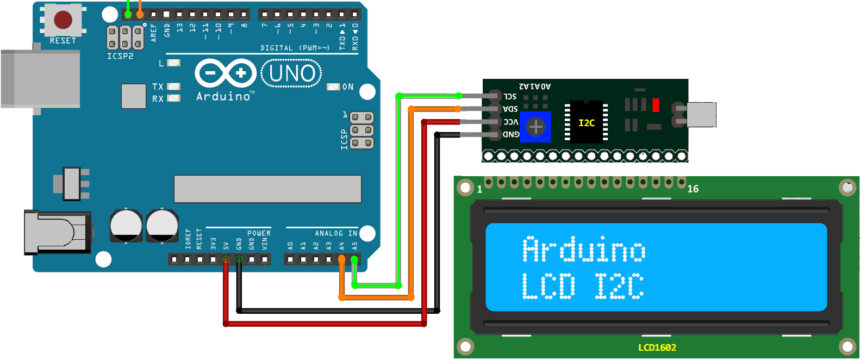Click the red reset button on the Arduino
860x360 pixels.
[63, 20]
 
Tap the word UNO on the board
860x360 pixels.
[292, 73]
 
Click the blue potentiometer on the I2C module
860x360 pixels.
[535, 127]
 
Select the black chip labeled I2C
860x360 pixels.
[586, 122]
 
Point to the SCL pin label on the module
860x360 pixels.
[510, 96]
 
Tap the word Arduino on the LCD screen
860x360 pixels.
[584, 249]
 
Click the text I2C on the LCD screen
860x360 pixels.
[619, 285]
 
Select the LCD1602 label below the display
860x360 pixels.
[657, 347]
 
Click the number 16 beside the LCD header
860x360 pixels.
[693, 189]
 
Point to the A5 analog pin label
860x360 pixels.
[354, 246]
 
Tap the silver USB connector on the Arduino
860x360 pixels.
[40, 79]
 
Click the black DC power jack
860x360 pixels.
[57, 233]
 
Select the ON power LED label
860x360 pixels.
[348, 87]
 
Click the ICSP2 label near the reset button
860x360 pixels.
[120, 56]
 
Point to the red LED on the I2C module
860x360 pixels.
[656, 105]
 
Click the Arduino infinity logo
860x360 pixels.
[226, 73]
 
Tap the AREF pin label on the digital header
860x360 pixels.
[154, 33]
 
